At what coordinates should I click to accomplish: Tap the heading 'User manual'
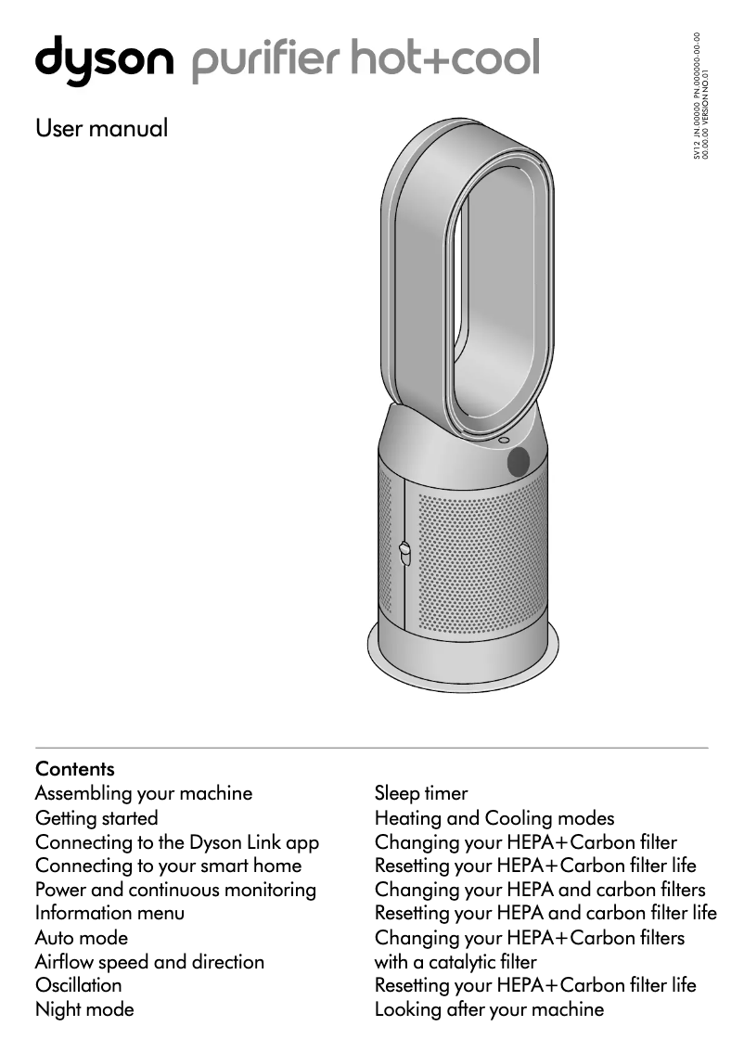point(101,128)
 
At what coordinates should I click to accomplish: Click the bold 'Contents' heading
point(75,769)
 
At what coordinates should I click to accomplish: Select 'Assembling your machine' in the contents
point(144,793)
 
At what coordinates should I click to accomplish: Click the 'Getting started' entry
point(96,818)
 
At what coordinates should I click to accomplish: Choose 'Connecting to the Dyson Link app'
point(177,842)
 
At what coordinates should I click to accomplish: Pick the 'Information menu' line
point(109,913)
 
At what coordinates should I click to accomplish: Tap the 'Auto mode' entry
point(82,938)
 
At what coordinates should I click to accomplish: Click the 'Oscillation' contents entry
point(78,985)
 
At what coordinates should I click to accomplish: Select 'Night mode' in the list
point(84,1009)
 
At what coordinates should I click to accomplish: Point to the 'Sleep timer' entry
point(421,793)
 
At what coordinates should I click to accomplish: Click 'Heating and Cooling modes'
point(494,818)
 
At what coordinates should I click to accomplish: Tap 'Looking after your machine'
point(489,1009)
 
